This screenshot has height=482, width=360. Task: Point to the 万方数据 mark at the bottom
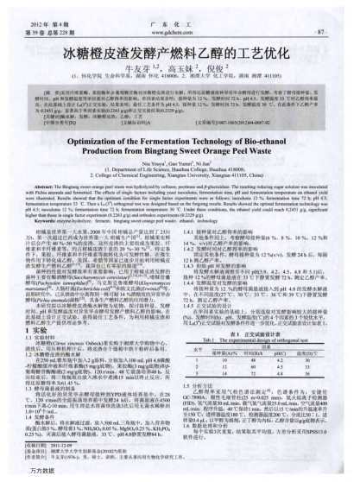(x=40, y=474)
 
